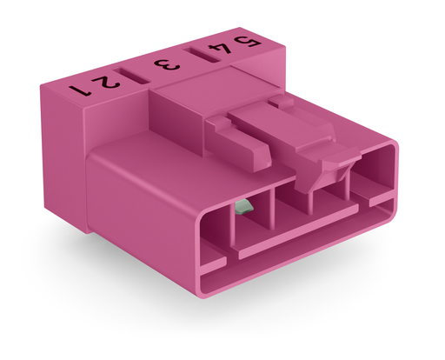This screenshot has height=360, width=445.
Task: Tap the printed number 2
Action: (x=109, y=82)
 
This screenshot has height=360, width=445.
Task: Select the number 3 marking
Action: (x=167, y=65)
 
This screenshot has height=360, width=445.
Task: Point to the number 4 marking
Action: (x=221, y=49)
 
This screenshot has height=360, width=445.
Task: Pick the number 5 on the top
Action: (x=248, y=42)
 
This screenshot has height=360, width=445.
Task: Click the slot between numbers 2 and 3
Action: (x=131, y=76)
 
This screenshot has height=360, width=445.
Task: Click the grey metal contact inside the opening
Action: (x=243, y=207)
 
